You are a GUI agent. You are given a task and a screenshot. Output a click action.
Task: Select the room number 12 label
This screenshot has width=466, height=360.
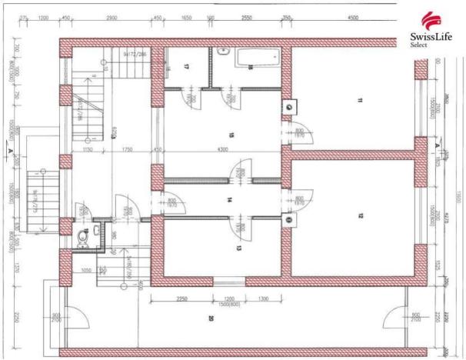(x=359, y=216)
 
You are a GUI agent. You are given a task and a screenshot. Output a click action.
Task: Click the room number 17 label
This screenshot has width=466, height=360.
(x=186, y=68)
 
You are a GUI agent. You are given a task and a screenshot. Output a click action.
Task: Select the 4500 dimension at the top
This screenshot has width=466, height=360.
(x=353, y=16)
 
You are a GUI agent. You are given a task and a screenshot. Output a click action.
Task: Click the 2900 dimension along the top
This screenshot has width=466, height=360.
(x=112, y=16)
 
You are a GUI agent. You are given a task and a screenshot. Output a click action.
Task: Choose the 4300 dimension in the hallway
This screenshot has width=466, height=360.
(x=222, y=148)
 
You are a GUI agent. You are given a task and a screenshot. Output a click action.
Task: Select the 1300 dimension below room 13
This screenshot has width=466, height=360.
(x=263, y=298)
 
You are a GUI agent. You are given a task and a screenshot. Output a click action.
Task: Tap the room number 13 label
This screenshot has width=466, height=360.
(x=239, y=248)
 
